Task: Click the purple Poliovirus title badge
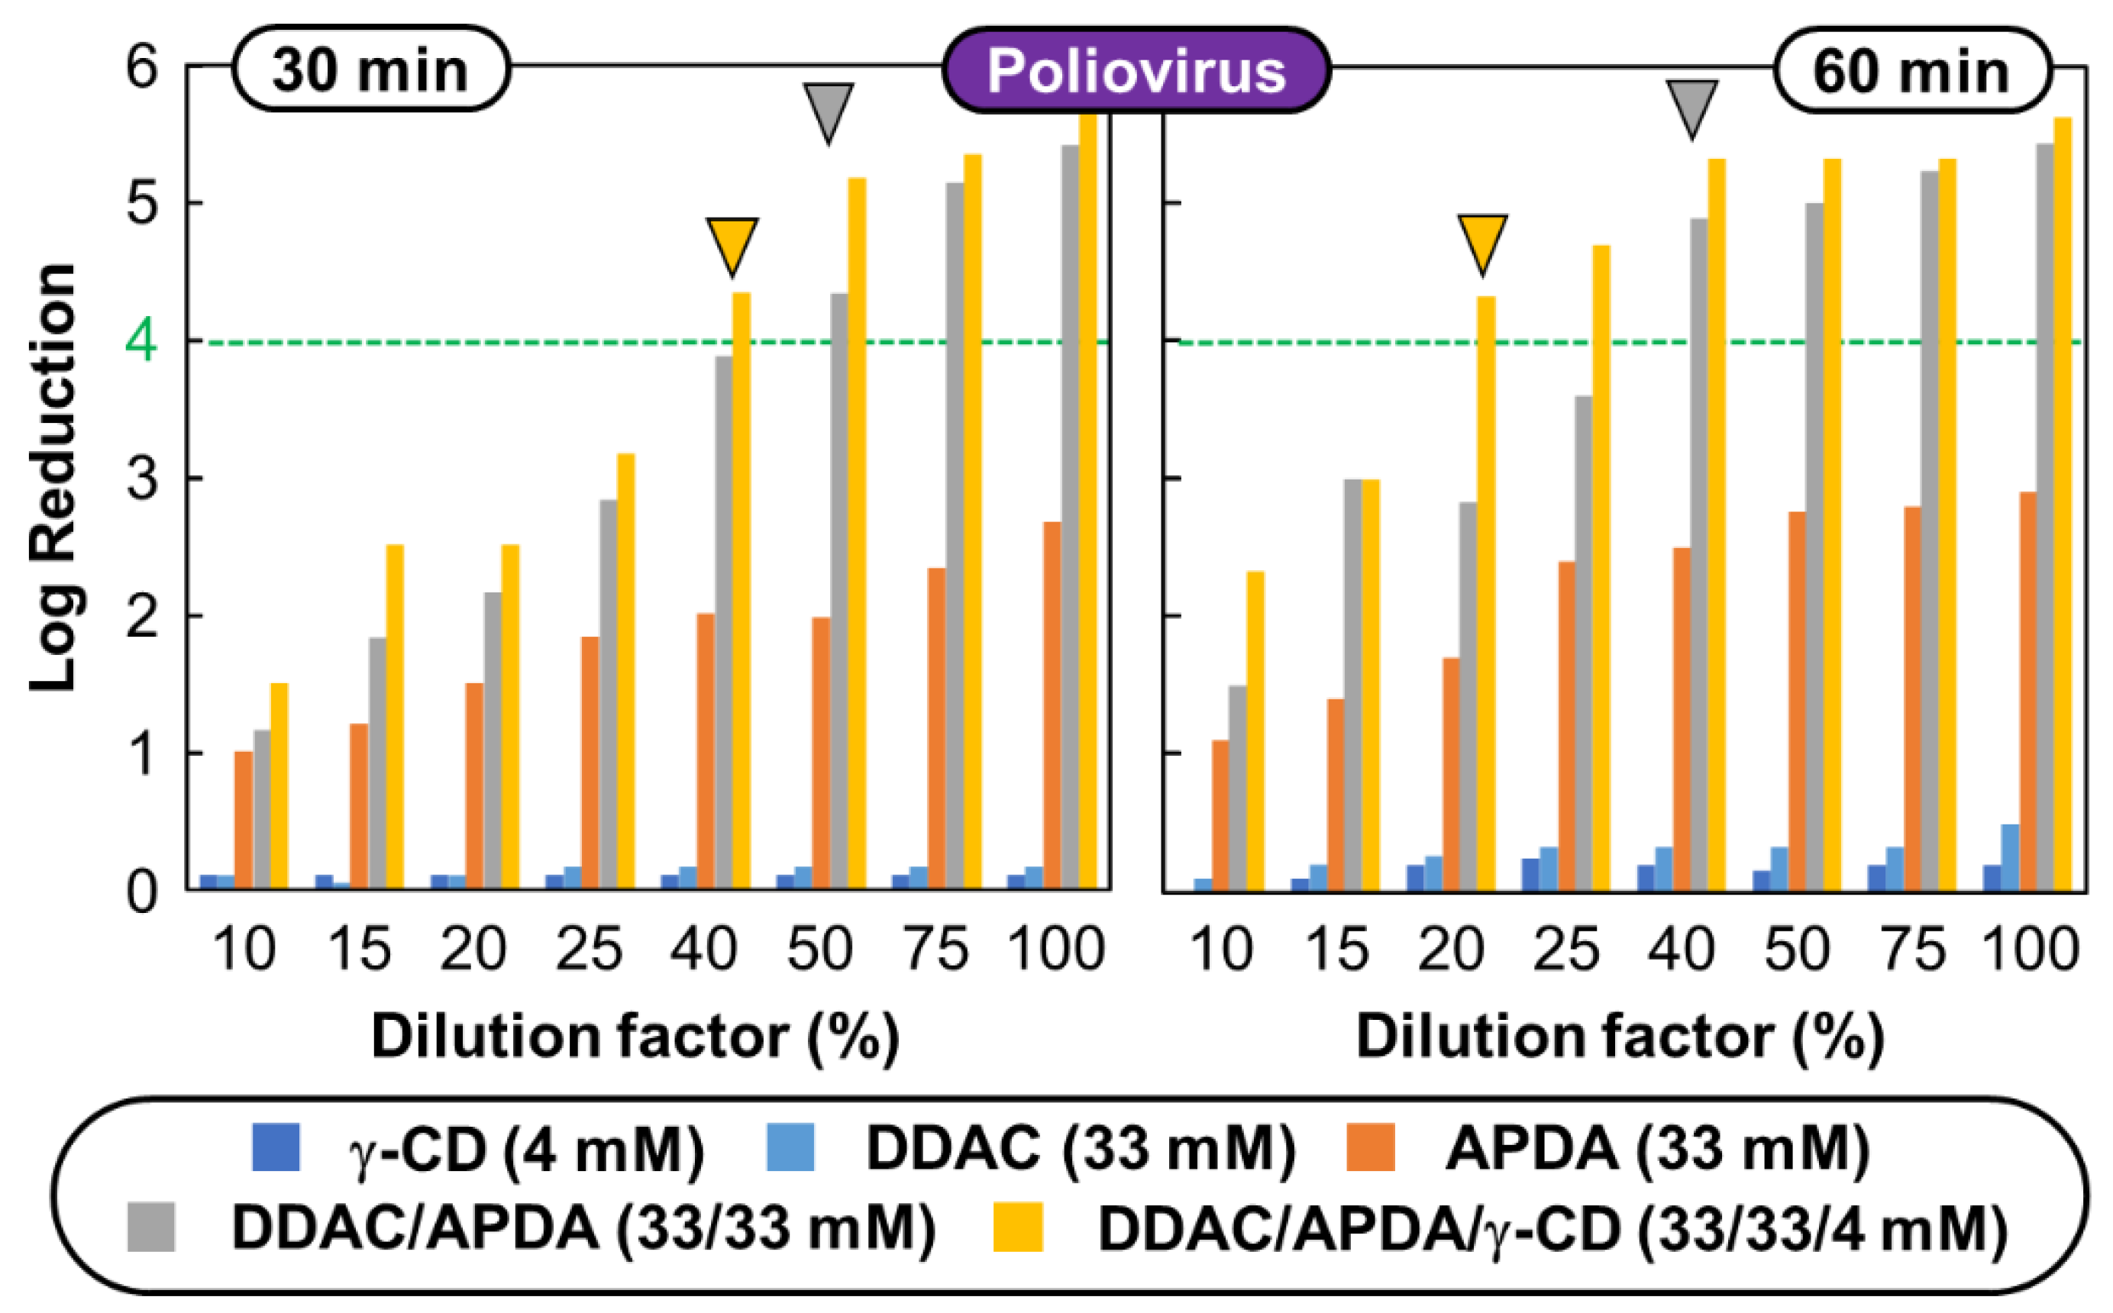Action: point(1136,70)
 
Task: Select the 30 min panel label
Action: point(371,69)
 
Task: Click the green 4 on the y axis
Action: point(141,341)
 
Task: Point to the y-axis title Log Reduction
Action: point(54,477)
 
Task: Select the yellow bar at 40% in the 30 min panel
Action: point(741,591)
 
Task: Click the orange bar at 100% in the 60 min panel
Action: point(2028,690)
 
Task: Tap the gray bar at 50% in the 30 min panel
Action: point(839,591)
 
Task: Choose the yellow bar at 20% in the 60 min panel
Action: point(1486,592)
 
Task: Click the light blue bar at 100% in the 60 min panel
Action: point(2010,857)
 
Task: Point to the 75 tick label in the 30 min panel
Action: point(936,949)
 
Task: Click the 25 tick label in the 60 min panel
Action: point(1566,949)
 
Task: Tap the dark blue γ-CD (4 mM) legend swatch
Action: point(276,1147)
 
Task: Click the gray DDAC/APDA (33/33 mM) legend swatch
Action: point(150,1227)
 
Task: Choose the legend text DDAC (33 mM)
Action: point(1081,1149)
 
